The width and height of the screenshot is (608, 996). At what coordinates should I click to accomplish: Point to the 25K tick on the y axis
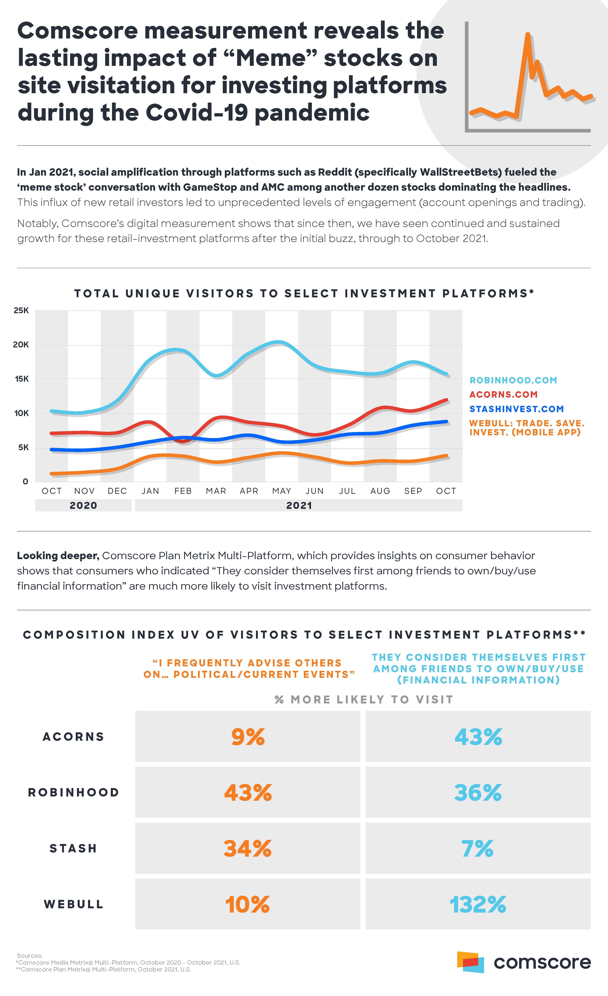pos(21,311)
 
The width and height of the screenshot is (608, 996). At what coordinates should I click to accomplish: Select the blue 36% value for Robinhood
pos(478,793)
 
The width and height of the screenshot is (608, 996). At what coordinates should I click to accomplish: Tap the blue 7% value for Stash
pos(478,848)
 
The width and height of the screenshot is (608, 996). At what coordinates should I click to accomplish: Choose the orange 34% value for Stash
pos(248,848)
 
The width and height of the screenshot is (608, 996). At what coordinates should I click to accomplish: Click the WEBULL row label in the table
pos(74,904)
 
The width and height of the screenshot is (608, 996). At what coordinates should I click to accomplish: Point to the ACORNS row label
pos(74,737)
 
